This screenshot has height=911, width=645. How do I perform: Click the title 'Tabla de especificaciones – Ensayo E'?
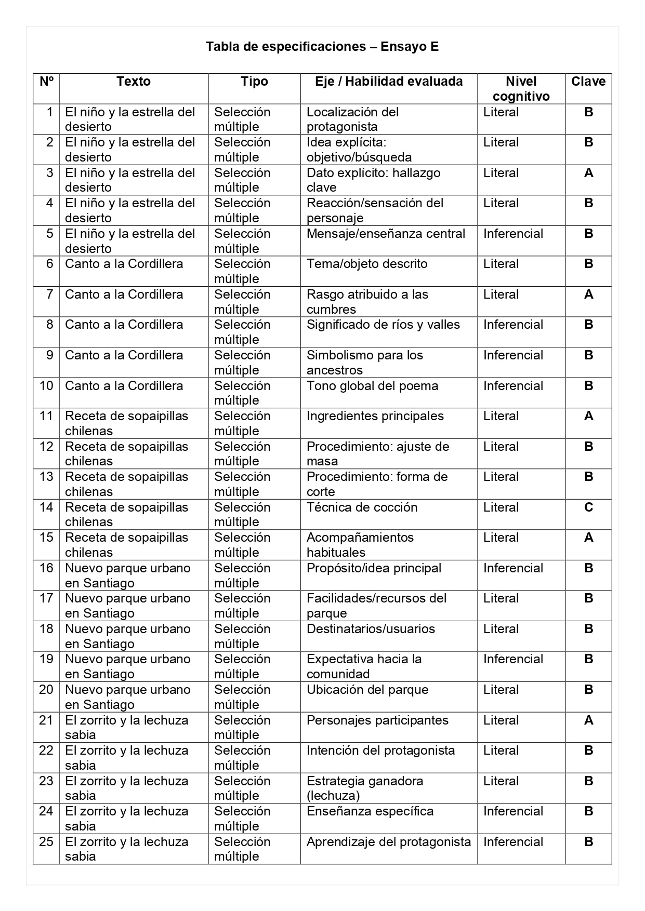click(322, 47)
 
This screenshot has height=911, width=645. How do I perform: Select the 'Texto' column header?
click(134, 82)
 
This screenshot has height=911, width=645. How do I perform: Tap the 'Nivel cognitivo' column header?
click(521, 89)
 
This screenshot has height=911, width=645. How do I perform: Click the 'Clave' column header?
click(588, 82)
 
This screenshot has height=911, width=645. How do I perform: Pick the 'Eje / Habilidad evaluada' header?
click(389, 82)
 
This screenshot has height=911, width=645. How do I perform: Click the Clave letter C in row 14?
click(588, 507)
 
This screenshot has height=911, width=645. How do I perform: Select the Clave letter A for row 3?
click(588, 173)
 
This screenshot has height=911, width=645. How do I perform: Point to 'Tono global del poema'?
click(372, 386)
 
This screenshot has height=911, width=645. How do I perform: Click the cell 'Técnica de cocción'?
click(362, 507)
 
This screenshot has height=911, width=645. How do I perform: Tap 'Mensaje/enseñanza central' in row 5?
click(386, 234)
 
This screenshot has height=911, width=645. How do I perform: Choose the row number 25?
click(46, 842)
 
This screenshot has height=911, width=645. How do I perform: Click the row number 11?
click(46, 416)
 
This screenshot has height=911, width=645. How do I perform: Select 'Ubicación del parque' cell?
click(367, 690)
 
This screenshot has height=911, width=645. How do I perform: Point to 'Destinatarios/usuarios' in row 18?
click(371, 629)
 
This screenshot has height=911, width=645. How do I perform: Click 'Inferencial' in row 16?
click(513, 568)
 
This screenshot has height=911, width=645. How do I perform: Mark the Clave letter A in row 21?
click(588, 720)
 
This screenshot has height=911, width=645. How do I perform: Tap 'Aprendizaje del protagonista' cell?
click(389, 842)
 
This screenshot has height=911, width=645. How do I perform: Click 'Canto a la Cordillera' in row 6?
click(124, 264)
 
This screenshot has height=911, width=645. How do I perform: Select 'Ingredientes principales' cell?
click(375, 416)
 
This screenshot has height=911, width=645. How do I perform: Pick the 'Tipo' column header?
click(254, 82)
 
